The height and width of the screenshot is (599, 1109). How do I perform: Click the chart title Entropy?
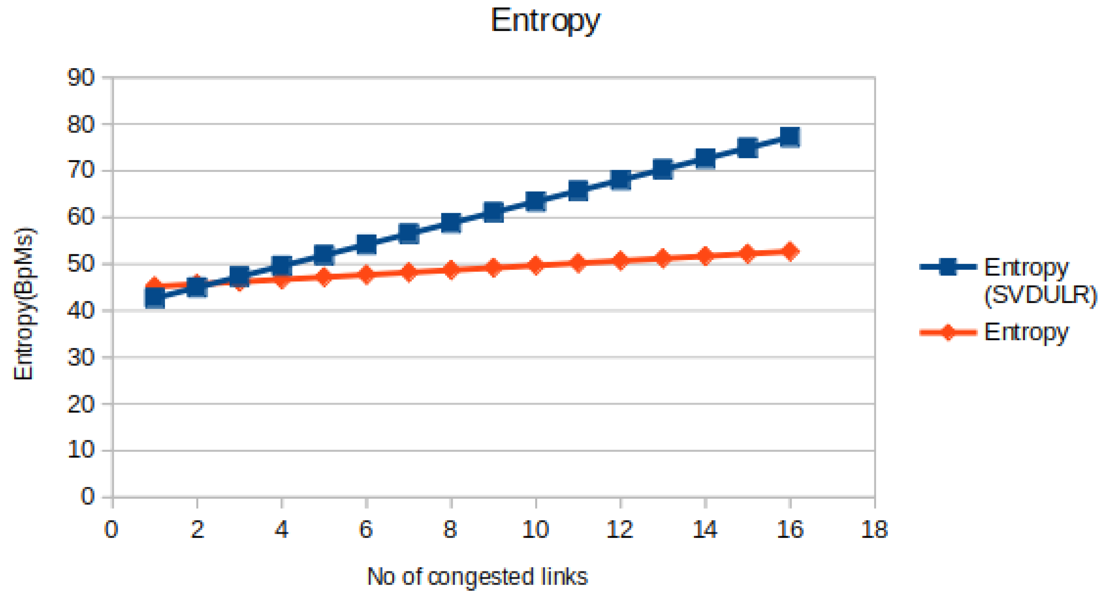(545, 21)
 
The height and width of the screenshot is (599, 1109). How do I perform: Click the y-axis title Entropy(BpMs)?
(24, 303)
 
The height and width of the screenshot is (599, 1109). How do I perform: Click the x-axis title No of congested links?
(477, 576)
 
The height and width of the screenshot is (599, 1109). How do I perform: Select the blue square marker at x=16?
(790, 137)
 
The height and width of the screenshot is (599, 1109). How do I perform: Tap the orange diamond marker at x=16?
(790, 251)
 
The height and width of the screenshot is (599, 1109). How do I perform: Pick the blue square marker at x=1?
(155, 297)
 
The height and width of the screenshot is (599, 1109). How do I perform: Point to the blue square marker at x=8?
(451, 223)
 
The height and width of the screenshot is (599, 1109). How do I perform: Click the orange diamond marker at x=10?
(536, 265)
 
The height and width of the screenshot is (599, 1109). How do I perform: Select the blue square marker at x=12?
(620, 179)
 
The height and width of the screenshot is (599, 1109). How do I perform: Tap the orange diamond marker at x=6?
(366, 274)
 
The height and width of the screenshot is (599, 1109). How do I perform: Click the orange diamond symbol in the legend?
(948, 332)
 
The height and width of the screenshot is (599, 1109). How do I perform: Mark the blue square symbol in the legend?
(948, 267)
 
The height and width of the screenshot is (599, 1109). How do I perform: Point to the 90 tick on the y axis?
(81, 78)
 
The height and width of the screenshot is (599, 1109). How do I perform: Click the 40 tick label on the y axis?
(81, 311)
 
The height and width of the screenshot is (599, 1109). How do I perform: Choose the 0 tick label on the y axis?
(87, 497)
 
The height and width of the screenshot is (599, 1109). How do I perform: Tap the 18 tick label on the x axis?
(874, 529)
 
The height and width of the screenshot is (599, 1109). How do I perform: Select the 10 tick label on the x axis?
(536, 529)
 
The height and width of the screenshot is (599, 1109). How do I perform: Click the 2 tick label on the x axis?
(197, 529)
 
